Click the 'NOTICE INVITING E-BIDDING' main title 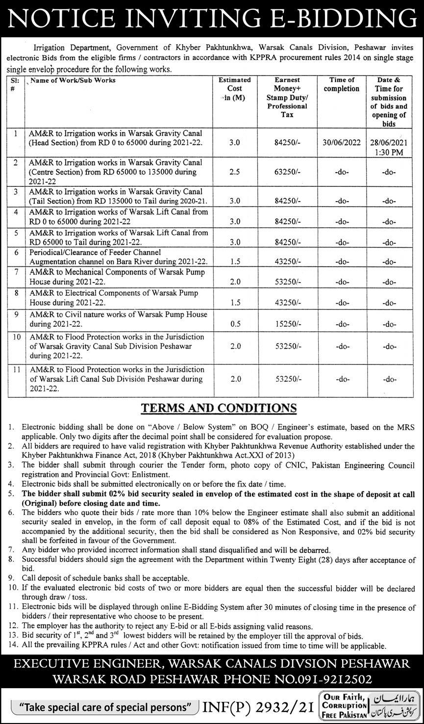coord(212,19)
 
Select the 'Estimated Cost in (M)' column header coord(234,88)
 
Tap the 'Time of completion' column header coord(342,84)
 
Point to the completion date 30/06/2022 coord(342,142)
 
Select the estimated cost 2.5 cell coord(234,172)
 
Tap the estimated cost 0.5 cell coord(234,324)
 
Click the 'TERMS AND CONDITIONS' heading coord(219,408)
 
